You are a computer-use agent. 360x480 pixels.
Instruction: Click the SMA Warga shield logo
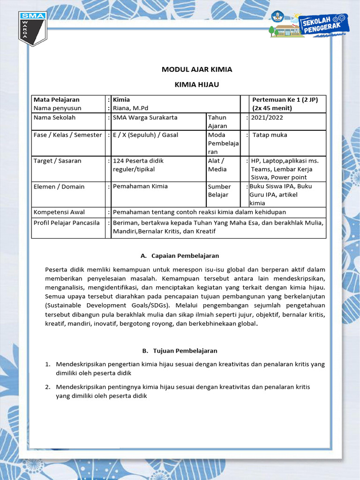point(32,30)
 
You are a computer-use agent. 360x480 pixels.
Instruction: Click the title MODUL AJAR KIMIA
point(197,69)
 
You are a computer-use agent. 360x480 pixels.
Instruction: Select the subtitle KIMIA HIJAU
point(197,84)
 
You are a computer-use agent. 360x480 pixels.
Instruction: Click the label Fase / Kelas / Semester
point(67,135)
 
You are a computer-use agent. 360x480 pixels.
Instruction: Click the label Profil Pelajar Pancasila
point(67,223)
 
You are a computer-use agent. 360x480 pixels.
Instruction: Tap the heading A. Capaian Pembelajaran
point(180,256)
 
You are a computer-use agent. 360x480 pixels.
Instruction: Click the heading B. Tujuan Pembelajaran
point(180,351)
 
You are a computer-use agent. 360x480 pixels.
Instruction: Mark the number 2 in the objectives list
point(48,387)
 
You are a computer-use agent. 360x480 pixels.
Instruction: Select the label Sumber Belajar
point(219,190)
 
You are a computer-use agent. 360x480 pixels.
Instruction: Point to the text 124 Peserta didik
point(138,161)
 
